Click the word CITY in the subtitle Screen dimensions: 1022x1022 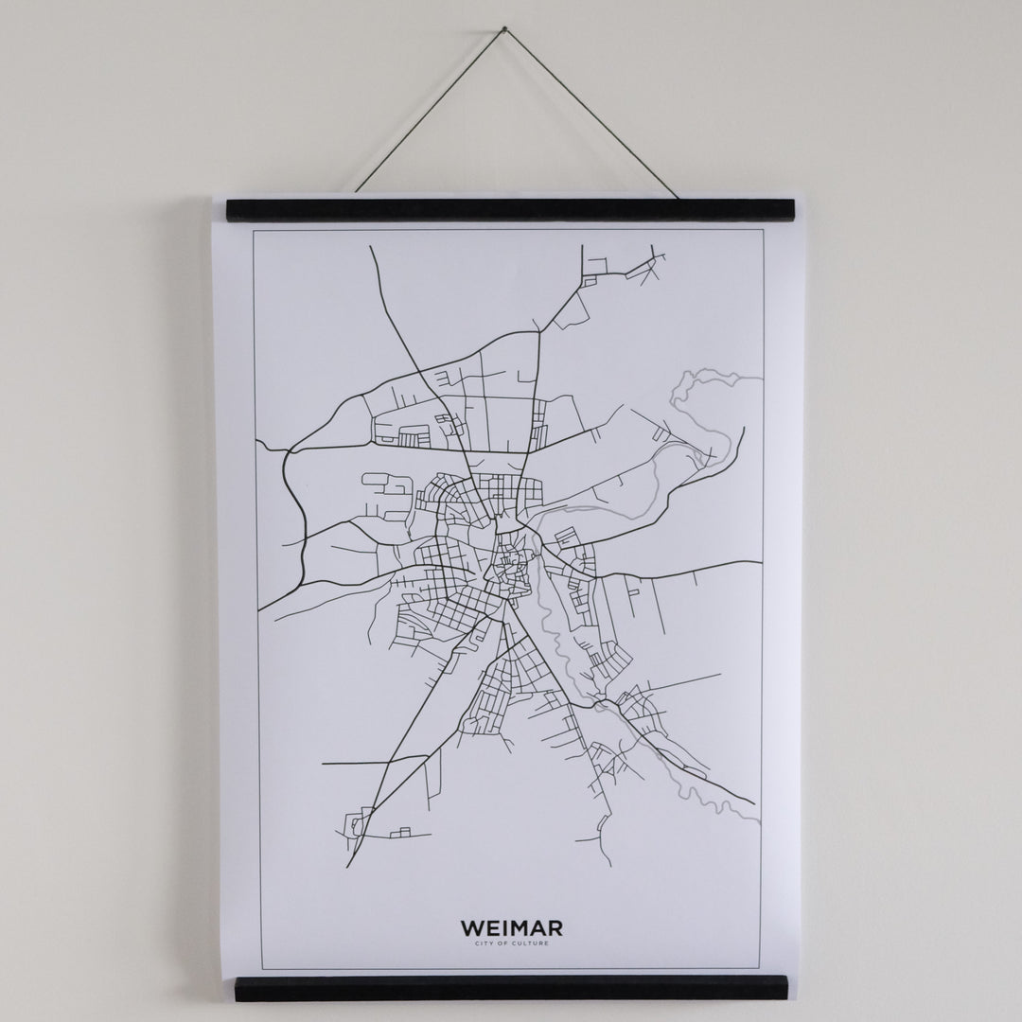(488, 943)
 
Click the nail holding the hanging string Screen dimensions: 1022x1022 (504, 28)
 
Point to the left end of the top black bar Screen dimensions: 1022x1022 (228, 210)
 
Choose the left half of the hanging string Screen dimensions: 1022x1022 (431, 109)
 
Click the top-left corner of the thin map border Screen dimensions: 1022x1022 (251, 230)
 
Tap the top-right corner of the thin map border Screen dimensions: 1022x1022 (764, 230)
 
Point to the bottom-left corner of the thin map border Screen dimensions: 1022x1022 (259, 968)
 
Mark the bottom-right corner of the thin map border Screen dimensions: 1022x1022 (760, 968)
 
